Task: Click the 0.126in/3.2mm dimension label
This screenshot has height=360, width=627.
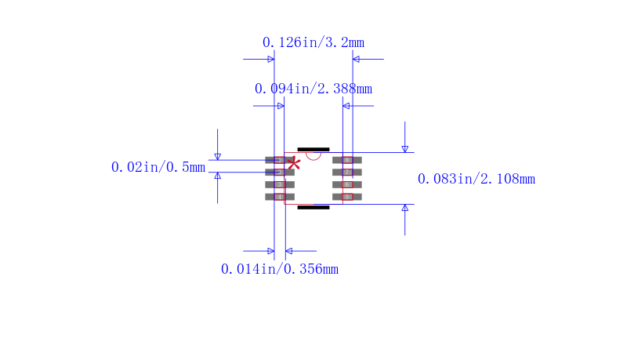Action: [x=313, y=42]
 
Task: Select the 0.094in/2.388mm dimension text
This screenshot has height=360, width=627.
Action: [x=313, y=89]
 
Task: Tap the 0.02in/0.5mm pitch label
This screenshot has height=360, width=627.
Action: [x=158, y=167]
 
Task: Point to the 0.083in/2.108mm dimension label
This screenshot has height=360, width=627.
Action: [x=476, y=179]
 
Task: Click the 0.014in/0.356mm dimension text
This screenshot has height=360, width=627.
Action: [x=279, y=269]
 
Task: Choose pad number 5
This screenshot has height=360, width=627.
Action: [x=347, y=197]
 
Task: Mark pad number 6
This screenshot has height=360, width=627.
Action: [x=347, y=184]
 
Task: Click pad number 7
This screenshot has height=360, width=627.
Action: [x=347, y=173]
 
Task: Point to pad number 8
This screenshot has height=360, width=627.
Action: [x=347, y=160]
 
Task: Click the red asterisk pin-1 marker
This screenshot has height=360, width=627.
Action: [x=295, y=163]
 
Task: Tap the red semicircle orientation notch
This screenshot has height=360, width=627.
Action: [x=313, y=155]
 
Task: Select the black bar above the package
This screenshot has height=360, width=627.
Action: [x=313, y=149]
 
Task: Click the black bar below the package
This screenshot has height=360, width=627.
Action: [x=313, y=208]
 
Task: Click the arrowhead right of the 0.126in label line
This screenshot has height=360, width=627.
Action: [x=357, y=59]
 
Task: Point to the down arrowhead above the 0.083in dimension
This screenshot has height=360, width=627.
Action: [x=404, y=148]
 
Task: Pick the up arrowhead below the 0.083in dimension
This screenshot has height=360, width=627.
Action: [x=404, y=209]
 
